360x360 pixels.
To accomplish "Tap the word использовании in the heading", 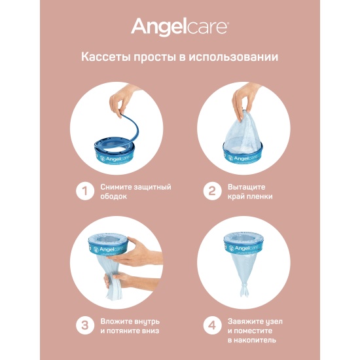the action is pos(233,58).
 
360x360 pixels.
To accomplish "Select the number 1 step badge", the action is pos(85,191).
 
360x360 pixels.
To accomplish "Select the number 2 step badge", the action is pos(212,191).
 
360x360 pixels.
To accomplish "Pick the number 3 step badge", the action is pos(85,326).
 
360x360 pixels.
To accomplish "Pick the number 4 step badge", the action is pos(212,326).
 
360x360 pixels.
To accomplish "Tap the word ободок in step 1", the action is pos(113,196).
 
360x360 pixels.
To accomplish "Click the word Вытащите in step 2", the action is pos(246,187).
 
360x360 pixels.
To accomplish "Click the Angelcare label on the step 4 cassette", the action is pos(245,248).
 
